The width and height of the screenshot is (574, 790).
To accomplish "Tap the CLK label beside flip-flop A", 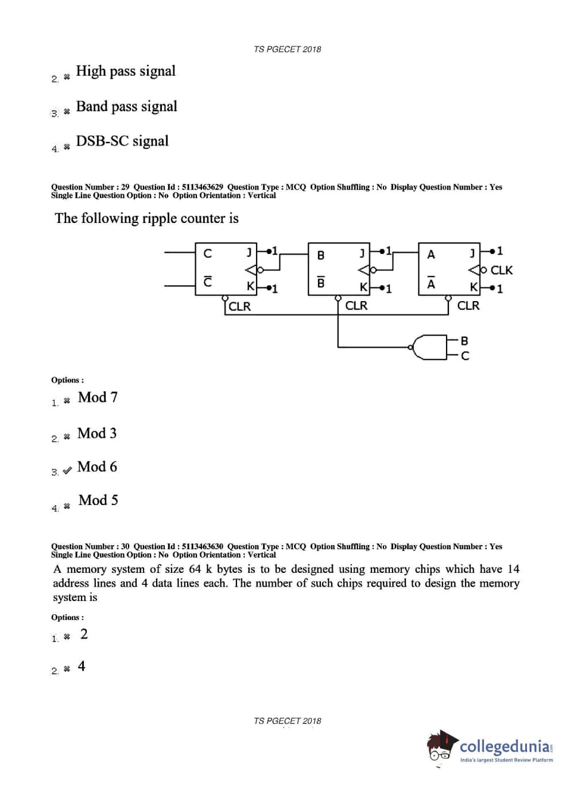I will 501,270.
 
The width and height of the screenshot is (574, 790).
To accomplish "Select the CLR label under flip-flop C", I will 239,306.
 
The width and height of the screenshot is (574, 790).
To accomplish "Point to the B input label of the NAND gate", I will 464,341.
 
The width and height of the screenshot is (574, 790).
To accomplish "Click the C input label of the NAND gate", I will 465,356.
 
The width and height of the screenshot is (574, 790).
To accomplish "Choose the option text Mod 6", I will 97,467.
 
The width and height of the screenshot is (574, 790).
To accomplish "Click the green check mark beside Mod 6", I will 67,470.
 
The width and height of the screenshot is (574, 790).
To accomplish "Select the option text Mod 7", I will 98,398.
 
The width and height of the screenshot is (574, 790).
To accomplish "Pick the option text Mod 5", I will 98,500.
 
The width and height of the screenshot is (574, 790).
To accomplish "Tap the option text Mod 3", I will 97,433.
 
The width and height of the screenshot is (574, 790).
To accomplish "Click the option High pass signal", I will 126,71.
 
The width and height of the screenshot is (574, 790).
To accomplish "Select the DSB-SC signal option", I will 122,141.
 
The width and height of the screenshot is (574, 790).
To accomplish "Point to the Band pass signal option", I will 126,107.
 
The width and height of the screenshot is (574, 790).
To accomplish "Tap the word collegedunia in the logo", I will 505,746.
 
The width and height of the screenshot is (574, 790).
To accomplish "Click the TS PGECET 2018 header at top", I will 287,49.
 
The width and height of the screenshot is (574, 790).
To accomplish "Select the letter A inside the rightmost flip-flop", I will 431,255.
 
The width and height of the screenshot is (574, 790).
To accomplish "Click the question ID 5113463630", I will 202,546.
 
